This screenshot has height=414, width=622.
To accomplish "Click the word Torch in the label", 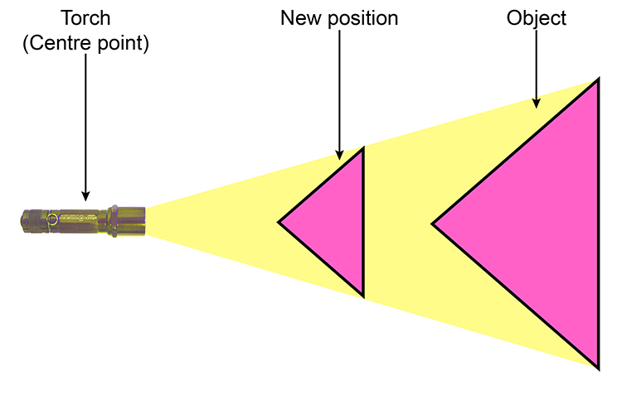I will pos(85,17).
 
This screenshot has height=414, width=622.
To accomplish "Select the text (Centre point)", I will pos(85,42).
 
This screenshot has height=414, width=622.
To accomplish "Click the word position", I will pos(365,17).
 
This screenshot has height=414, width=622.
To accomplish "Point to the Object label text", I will pos(537,17).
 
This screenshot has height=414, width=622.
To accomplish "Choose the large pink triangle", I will pos(539,224).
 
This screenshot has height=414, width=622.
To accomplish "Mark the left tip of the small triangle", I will pos(279,222).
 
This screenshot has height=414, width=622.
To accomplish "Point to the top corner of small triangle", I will pos(362,151).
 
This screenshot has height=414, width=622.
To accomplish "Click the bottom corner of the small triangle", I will pos(362,294).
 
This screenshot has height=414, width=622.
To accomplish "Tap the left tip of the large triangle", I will pos(434,223).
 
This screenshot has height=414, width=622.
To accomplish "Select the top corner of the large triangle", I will pos(597,80).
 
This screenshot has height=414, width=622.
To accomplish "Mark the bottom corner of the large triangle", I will pos(597,365).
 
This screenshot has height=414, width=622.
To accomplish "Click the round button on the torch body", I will pos(52,219).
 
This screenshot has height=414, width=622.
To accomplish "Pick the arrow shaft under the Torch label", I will pos(85,124).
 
